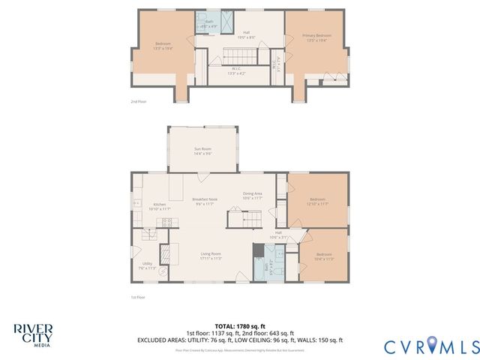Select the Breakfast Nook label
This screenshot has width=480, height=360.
[205, 201]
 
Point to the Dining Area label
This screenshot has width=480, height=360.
[252, 196]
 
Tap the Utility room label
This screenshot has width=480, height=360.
[147, 265]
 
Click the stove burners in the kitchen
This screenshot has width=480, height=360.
[166, 222]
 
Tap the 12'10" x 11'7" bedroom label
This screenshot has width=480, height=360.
[317, 201]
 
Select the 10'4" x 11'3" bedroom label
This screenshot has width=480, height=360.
[325, 257]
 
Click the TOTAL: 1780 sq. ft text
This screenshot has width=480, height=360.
[240, 324]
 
